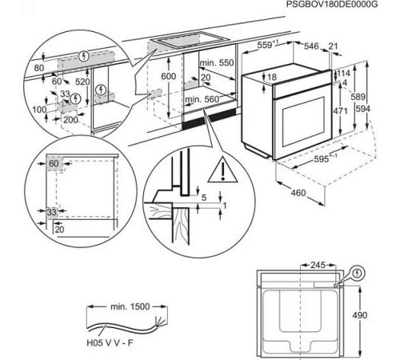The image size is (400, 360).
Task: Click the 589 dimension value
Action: coord(366,96)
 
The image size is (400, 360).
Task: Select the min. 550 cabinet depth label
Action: coord(214,62)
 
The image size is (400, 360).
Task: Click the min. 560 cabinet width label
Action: coord(202,99)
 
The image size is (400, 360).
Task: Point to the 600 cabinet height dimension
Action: coord(167,75)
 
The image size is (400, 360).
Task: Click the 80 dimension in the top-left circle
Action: coord(38,69)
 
